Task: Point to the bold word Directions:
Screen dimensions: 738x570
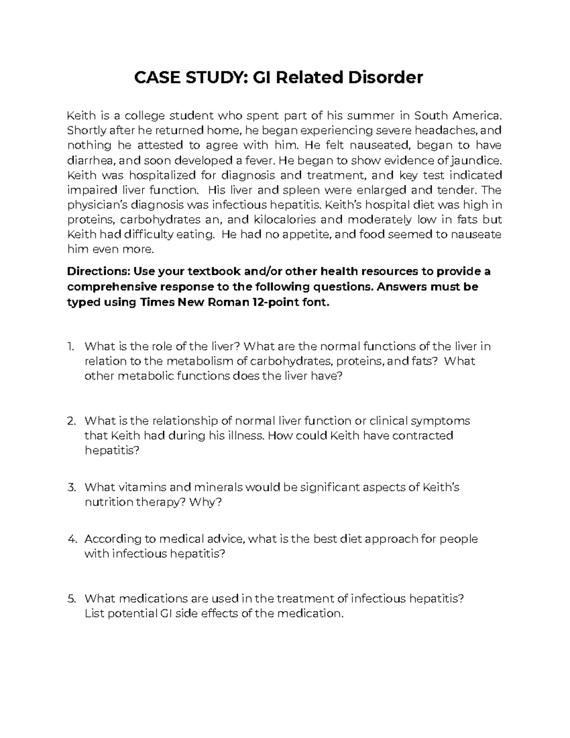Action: click(x=98, y=272)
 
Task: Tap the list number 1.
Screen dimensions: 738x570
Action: click(x=71, y=346)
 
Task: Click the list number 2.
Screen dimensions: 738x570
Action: click(x=71, y=421)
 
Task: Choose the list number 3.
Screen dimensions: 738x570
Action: click(x=71, y=488)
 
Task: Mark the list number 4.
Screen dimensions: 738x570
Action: click(x=71, y=539)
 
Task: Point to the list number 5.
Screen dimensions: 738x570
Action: click(x=71, y=599)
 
